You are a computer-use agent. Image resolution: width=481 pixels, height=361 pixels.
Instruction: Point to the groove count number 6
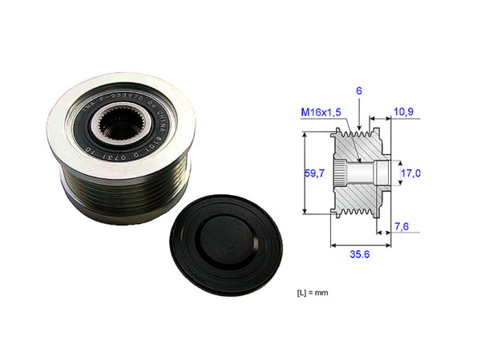pos(360,93)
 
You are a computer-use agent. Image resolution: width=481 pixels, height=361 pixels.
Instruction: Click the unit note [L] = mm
pos(313,293)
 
